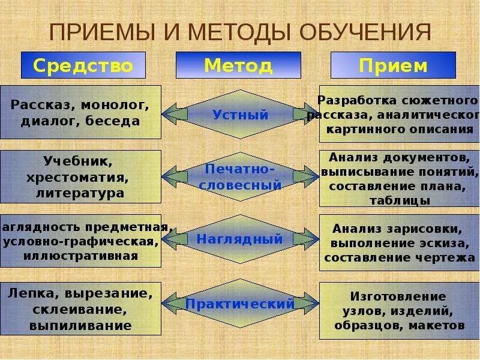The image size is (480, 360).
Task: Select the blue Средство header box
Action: click(x=83, y=65)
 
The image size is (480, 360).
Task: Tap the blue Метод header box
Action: click(x=238, y=65)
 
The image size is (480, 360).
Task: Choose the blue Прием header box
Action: click(x=393, y=65)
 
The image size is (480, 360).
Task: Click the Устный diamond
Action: click(x=240, y=115)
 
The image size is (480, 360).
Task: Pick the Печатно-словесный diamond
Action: click(x=240, y=177)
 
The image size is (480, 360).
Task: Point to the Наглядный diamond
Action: click(x=240, y=239)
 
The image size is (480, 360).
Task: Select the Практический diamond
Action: click(x=240, y=304)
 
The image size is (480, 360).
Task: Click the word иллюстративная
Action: click(x=81, y=256)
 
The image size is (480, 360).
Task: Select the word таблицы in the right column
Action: click(x=399, y=200)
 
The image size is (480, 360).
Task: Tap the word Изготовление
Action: click(x=398, y=296)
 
